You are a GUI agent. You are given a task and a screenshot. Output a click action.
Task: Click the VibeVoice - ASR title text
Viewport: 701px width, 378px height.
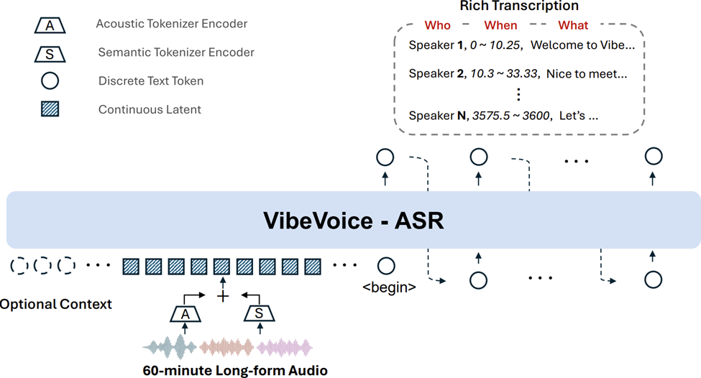click(x=354, y=220)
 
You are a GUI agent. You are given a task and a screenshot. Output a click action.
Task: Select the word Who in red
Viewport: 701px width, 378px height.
click(x=437, y=25)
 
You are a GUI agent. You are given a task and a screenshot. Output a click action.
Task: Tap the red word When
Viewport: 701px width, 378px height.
click(x=500, y=25)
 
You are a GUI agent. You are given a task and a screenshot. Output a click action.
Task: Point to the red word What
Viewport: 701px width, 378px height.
click(x=573, y=25)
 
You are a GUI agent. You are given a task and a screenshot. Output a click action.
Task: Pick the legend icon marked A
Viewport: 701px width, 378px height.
click(x=50, y=25)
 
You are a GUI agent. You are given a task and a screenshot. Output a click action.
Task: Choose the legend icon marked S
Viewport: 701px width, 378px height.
click(x=50, y=53)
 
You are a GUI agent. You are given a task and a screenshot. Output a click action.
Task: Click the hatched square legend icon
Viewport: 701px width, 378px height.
click(x=50, y=109)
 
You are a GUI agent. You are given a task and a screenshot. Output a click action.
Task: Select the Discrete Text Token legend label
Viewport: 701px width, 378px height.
click(x=150, y=81)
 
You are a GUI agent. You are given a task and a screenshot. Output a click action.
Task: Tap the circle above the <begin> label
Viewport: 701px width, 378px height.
click(x=387, y=266)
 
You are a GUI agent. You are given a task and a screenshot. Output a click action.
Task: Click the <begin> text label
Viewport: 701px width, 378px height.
click(x=389, y=288)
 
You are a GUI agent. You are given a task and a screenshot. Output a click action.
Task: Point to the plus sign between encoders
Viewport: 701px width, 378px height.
click(x=223, y=295)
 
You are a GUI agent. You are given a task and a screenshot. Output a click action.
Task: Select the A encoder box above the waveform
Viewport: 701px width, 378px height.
click(x=185, y=313)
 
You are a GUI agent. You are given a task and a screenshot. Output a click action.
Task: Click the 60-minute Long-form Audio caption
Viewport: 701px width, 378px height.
click(x=235, y=371)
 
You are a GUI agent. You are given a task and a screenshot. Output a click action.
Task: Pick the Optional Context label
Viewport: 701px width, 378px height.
click(x=55, y=304)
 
